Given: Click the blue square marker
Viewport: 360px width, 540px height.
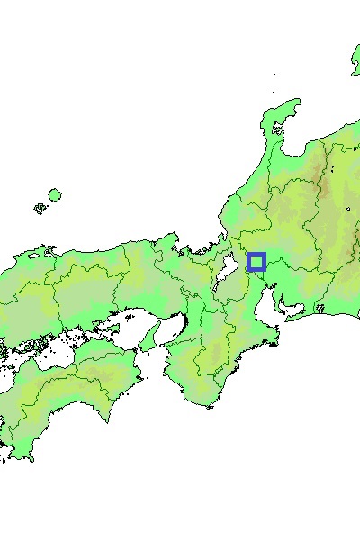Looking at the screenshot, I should pyautogui.click(x=256, y=262).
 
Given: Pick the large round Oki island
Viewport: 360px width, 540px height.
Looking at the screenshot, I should pyautogui.click(x=55, y=195).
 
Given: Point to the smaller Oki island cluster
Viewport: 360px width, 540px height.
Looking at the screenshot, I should pyautogui.click(x=40, y=208).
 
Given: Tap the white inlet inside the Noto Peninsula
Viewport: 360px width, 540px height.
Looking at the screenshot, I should pyautogui.click(x=278, y=130).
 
